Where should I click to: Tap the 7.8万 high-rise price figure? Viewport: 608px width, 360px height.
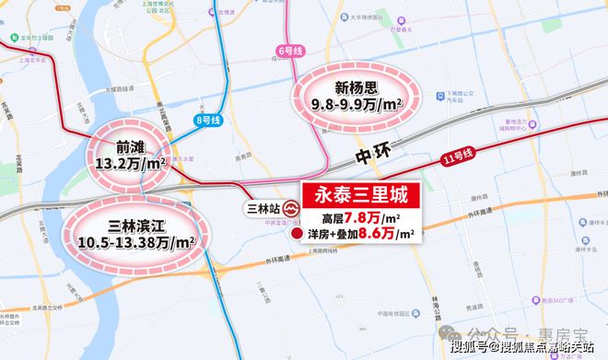click(x=369, y=217)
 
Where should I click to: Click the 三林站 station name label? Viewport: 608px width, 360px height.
click(x=263, y=209)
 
